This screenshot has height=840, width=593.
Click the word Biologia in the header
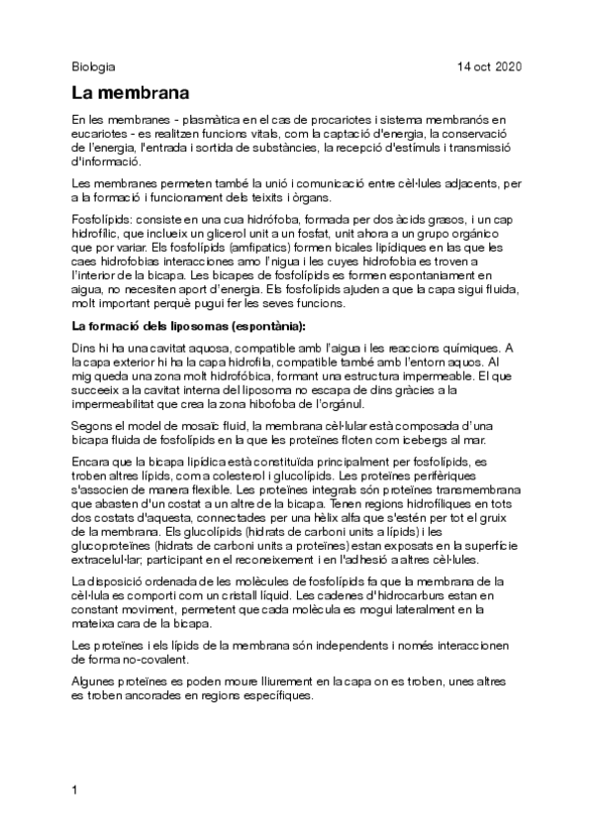click(94, 67)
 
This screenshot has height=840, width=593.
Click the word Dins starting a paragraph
click(87, 348)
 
